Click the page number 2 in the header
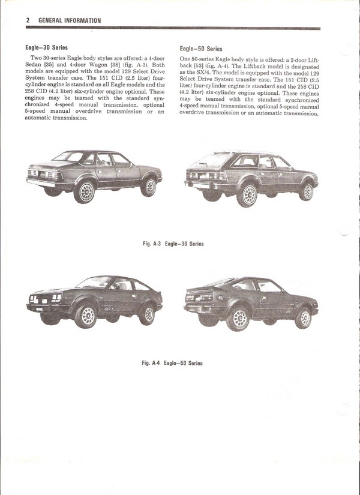[x=28, y=20]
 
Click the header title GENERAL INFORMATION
[x=69, y=20]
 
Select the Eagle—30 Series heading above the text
[x=46, y=47]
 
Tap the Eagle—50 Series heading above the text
[x=201, y=49]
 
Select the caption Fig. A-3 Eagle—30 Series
[x=173, y=244]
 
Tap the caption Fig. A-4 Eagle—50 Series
[x=172, y=363]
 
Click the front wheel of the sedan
[x=148, y=187]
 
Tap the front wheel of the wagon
[x=307, y=191]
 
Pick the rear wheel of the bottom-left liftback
[x=146, y=312]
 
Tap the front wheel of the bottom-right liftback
[x=303, y=316]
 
